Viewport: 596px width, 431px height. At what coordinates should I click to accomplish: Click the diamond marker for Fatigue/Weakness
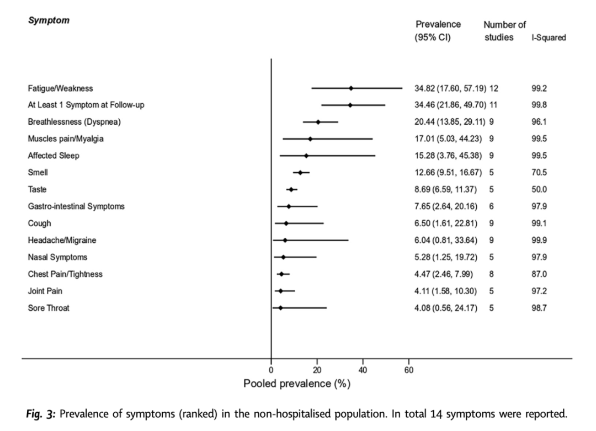(351, 88)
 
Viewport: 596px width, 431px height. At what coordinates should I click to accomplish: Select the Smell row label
(37, 172)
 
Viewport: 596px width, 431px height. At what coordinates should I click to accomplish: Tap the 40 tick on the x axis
(363, 370)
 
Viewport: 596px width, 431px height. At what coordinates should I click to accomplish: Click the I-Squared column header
(547, 38)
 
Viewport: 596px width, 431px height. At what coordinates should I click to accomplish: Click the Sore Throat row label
(49, 308)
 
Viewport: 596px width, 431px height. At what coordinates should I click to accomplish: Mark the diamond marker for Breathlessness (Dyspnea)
(318, 122)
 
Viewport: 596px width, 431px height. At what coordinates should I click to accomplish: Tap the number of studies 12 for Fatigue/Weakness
(493, 88)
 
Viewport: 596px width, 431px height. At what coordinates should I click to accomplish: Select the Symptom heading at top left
(49, 20)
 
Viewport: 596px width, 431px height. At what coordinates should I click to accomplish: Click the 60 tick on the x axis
(408, 370)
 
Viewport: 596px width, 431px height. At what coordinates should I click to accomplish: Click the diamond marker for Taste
(291, 189)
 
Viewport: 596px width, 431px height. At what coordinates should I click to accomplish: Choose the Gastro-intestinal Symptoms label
(76, 206)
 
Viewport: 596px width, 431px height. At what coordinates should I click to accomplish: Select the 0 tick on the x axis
(271, 370)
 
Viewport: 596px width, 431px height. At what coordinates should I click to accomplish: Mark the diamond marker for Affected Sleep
(306, 156)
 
